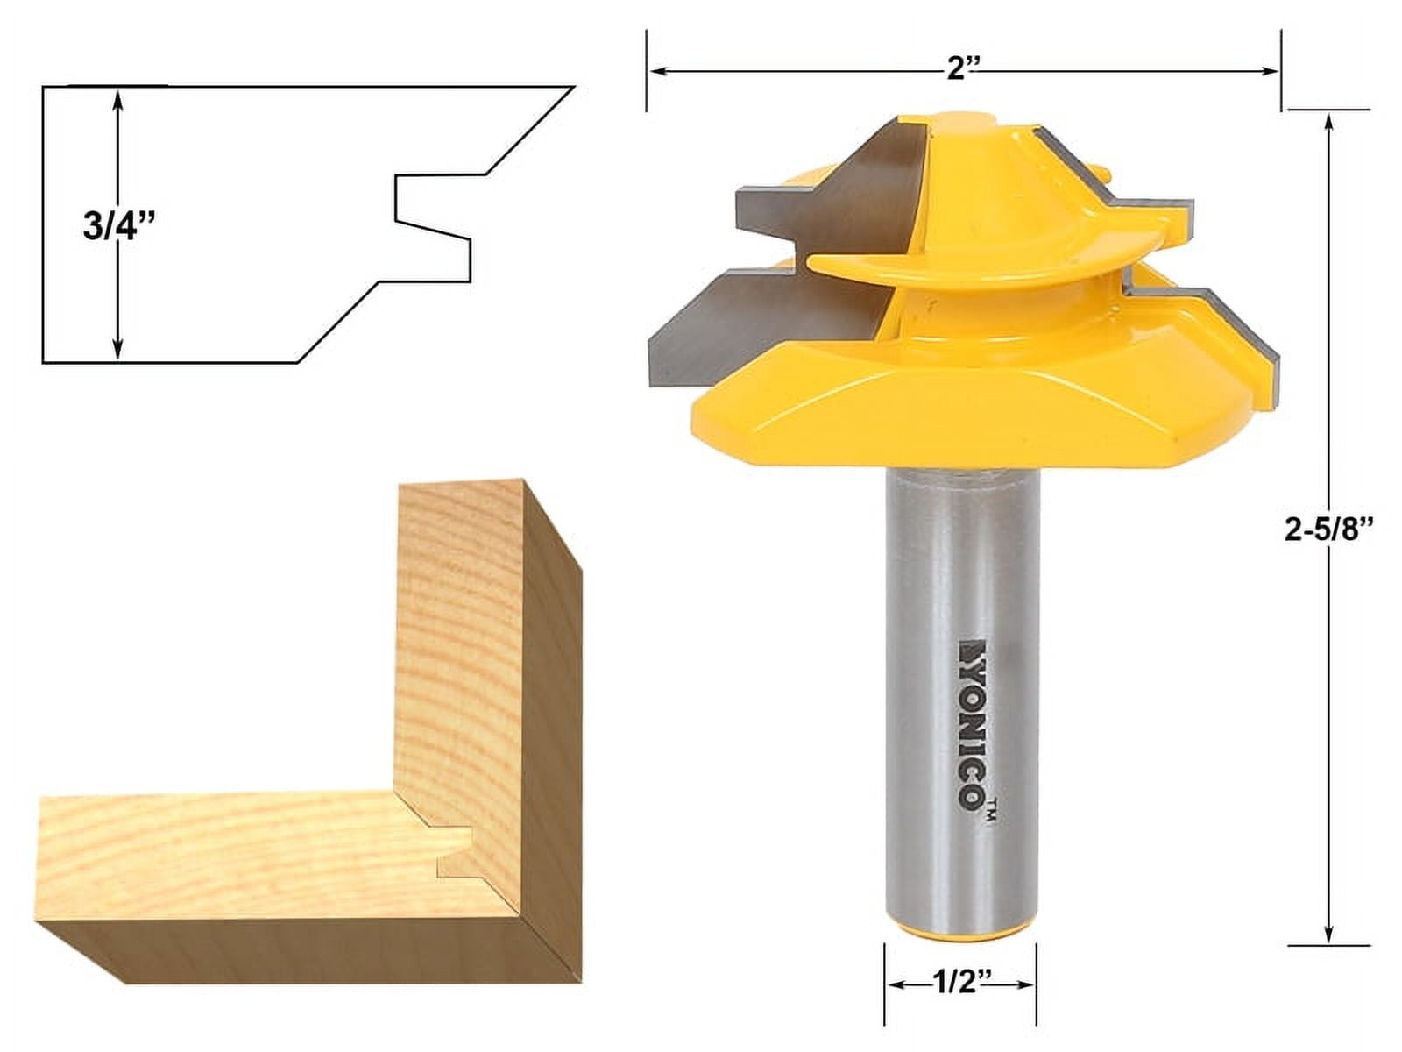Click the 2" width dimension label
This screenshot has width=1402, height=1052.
[x=963, y=70]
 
